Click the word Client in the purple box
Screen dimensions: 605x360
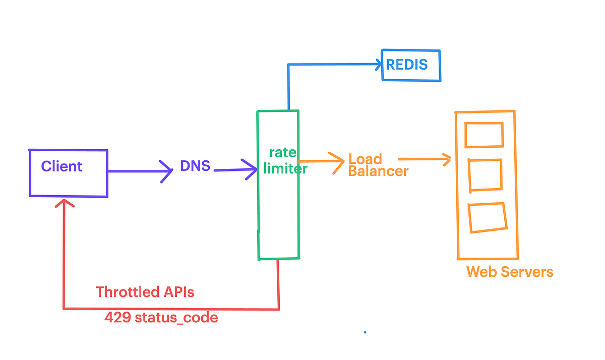coord(62,166)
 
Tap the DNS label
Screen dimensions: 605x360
coord(195,165)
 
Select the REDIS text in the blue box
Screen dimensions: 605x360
coord(407,65)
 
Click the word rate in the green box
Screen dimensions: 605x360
coord(283,153)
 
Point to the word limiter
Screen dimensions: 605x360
coord(285,168)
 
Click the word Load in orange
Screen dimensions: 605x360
coord(365,158)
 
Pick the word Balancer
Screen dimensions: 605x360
coord(378,171)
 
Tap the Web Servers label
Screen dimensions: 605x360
coord(510,272)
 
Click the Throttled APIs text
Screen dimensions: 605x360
coord(145,292)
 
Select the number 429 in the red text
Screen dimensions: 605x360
coord(118,317)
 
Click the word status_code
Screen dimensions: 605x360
coord(176,318)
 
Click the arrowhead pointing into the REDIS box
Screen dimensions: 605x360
coord(379,64)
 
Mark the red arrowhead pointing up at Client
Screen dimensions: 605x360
coord(65,201)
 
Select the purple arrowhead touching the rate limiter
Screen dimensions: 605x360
coord(250,169)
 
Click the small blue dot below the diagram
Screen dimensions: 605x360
coord(365,332)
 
